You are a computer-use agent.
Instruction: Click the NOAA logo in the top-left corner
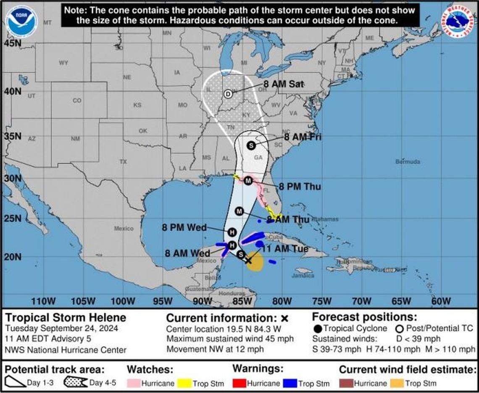(21, 21)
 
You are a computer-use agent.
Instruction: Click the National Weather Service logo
(458, 21)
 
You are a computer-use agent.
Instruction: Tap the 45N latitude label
(13, 43)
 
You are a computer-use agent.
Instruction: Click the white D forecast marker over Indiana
(228, 94)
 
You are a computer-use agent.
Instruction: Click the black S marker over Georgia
(251, 145)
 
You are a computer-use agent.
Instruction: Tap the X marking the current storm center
(248, 261)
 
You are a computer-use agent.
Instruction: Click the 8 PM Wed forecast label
(184, 227)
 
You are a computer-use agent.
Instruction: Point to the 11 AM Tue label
(285, 249)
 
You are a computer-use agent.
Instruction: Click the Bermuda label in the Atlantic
(408, 162)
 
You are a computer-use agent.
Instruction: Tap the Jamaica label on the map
(303, 276)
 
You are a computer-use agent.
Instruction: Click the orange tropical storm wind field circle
(255, 264)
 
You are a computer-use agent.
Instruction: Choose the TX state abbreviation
(123, 162)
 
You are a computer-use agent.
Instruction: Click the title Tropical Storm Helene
(65, 318)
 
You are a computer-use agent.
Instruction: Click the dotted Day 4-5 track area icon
(76, 382)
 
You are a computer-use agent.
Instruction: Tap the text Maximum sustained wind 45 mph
(230, 339)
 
